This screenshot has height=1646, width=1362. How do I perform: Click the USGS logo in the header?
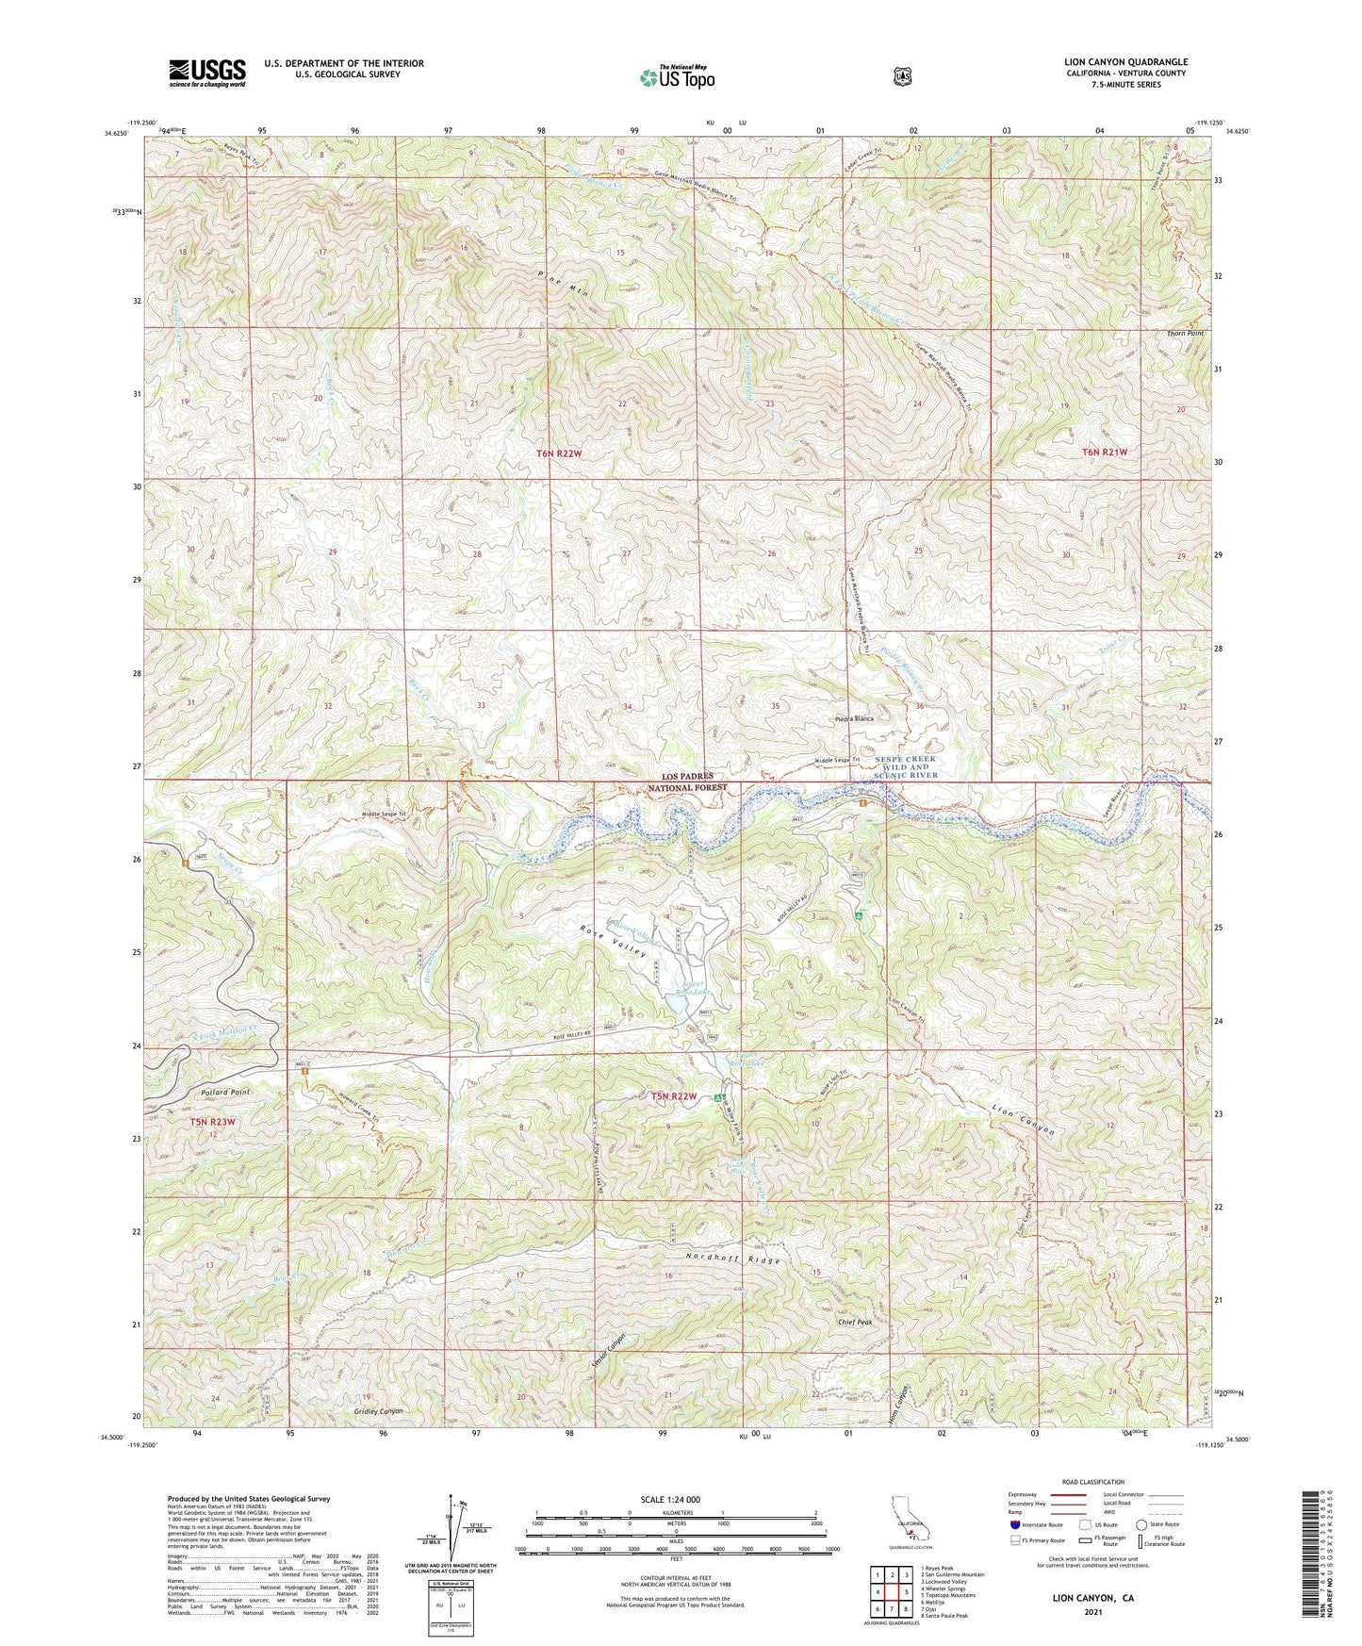coord(206,73)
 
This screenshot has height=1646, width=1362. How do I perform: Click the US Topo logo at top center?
coord(676,77)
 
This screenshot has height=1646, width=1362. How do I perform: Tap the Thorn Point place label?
coord(1185,334)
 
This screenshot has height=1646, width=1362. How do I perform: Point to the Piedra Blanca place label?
coord(854,719)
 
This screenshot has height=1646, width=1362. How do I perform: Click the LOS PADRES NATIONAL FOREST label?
coord(687,781)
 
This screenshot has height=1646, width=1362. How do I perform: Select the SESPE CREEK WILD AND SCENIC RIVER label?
coord(907,767)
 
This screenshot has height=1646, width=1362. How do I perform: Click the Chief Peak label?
coord(855,1323)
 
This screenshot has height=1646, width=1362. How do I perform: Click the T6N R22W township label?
coord(559,454)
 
